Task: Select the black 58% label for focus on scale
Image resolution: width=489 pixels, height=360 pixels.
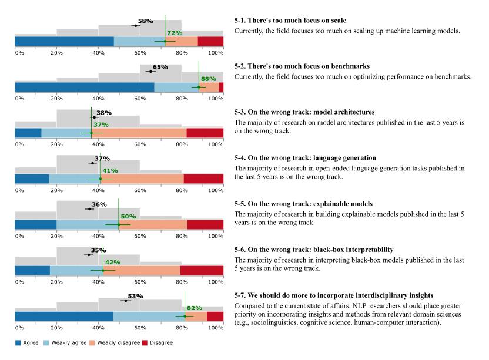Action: click(x=145, y=21)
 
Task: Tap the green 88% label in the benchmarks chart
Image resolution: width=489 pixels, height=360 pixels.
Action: click(x=209, y=79)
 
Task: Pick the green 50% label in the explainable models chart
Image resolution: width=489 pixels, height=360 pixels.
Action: click(x=128, y=217)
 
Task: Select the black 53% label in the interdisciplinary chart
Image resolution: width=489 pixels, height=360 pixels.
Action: click(x=135, y=296)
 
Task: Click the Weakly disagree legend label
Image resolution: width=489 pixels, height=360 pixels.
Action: click(x=113, y=342)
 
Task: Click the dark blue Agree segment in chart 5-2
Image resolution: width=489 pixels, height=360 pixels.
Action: click(x=84, y=87)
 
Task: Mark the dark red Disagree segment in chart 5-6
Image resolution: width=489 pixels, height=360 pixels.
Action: click(x=202, y=270)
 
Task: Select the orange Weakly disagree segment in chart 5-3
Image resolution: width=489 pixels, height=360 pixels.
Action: click(x=143, y=133)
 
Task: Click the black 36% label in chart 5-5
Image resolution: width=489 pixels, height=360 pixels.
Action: click(x=99, y=204)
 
